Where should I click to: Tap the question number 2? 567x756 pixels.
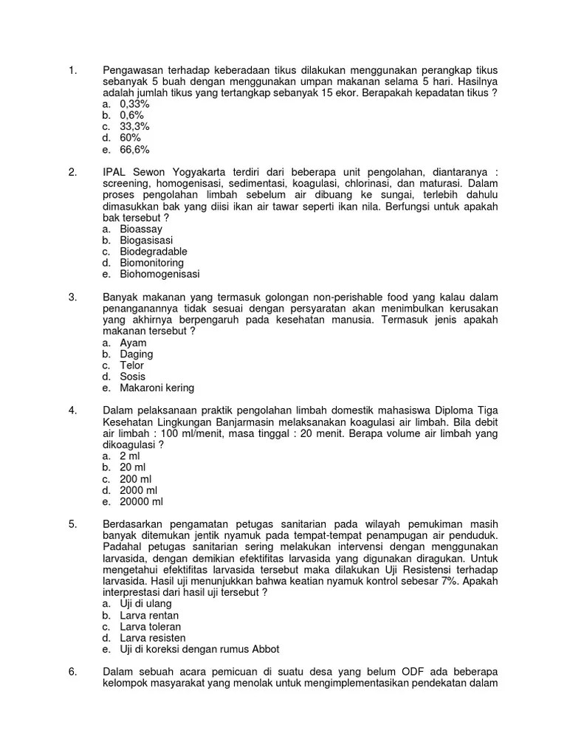72,172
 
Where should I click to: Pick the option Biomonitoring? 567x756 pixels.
151,263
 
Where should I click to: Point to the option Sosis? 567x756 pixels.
133,377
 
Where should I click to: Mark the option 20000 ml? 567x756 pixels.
141,502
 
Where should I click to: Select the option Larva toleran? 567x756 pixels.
150,627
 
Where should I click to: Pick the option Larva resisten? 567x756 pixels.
152,638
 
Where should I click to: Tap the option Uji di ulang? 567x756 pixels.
145,604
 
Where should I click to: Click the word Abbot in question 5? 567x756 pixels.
265,650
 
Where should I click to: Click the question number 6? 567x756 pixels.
72,672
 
